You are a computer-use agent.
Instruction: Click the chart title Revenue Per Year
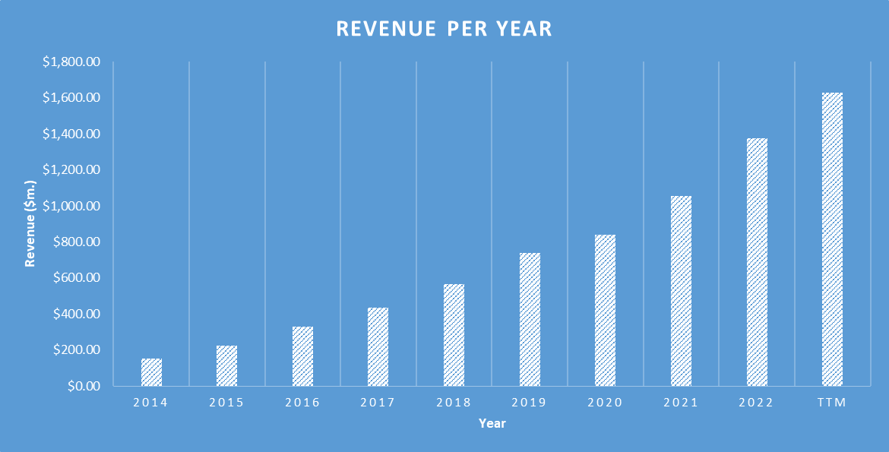(444, 29)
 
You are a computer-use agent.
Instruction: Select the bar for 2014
(151, 372)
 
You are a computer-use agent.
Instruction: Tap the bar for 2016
(302, 356)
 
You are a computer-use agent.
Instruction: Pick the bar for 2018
(454, 335)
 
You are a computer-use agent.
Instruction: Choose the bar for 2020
(605, 310)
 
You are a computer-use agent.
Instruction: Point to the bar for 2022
(757, 262)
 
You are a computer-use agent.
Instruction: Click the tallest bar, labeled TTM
(832, 239)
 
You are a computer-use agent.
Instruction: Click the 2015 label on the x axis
(226, 403)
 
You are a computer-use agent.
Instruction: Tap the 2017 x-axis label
(378, 403)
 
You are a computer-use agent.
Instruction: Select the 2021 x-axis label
(681, 403)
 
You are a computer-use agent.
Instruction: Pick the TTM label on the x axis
(832, 403)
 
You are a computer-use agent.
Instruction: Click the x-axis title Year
(492, 424)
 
